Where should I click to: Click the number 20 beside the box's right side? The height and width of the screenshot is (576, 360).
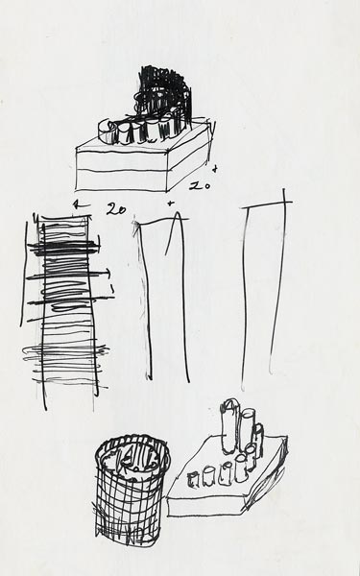pyautogui.click(x=200, y=186)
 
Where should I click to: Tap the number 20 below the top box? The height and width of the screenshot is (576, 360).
pyautogui.click(x=116, y=209)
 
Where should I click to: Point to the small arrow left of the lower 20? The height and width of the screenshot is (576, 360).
pyautogui.click(x=77, y=204)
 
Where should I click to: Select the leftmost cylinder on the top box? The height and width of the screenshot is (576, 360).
pyautogui.click(x=107, y=132)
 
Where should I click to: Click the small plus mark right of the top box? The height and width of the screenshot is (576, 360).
pyautogui.click(x=215, y=169)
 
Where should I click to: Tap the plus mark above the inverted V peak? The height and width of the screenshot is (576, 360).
pyautogui.click(x=170, y=204)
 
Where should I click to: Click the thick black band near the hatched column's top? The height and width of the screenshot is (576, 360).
pyautogui.click(x=64, y=248)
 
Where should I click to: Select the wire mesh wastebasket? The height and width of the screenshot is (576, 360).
pyautogui.click(x=132, y=491)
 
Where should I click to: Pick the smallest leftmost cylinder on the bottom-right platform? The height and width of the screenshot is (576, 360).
pyautogui.click(x=193, y=480)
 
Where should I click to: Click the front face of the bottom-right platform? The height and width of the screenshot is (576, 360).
pyautogui.click(x=205, y=507)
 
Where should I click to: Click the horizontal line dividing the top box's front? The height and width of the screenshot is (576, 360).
pyautogui.click(x=121, y=170)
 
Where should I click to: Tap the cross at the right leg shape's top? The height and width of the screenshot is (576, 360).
pyautogui.click(x=283, y=202)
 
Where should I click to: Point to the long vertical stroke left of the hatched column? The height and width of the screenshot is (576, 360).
pyautogui.click(x=24, y=274)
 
